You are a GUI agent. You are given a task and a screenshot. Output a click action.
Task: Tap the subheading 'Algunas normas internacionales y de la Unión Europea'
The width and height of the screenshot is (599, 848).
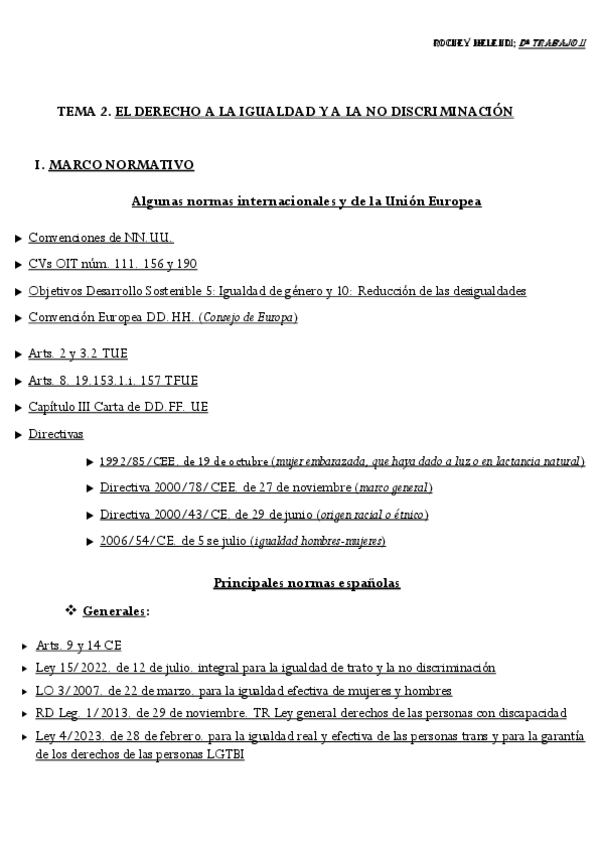(x=306, y=201)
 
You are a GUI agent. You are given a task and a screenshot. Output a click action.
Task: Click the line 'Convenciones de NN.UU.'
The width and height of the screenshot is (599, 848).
(x=101, y=238)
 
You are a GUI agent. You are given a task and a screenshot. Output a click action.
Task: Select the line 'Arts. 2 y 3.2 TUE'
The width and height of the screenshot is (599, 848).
(x=78, y=354)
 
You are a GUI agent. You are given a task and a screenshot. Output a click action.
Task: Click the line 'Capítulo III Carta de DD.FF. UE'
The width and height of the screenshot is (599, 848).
(x=118, y=407)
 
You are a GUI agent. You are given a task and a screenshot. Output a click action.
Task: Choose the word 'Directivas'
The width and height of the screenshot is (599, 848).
(x=56, y=434)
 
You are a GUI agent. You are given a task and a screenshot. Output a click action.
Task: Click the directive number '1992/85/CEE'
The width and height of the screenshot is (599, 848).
(x=135, y=461)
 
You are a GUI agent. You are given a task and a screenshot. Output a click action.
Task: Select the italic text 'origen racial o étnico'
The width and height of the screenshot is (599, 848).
(x=372, y=514)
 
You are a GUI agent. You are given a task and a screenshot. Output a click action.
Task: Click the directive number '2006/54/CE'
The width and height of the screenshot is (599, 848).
(x=131, y=541)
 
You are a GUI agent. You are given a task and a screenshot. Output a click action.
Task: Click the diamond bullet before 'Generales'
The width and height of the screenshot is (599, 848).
(x=71, y=609)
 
